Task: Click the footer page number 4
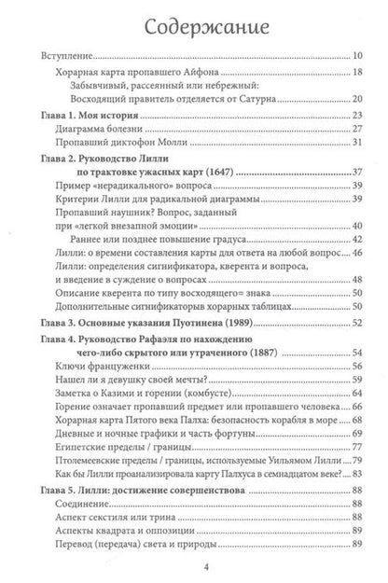tap(193, 565)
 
